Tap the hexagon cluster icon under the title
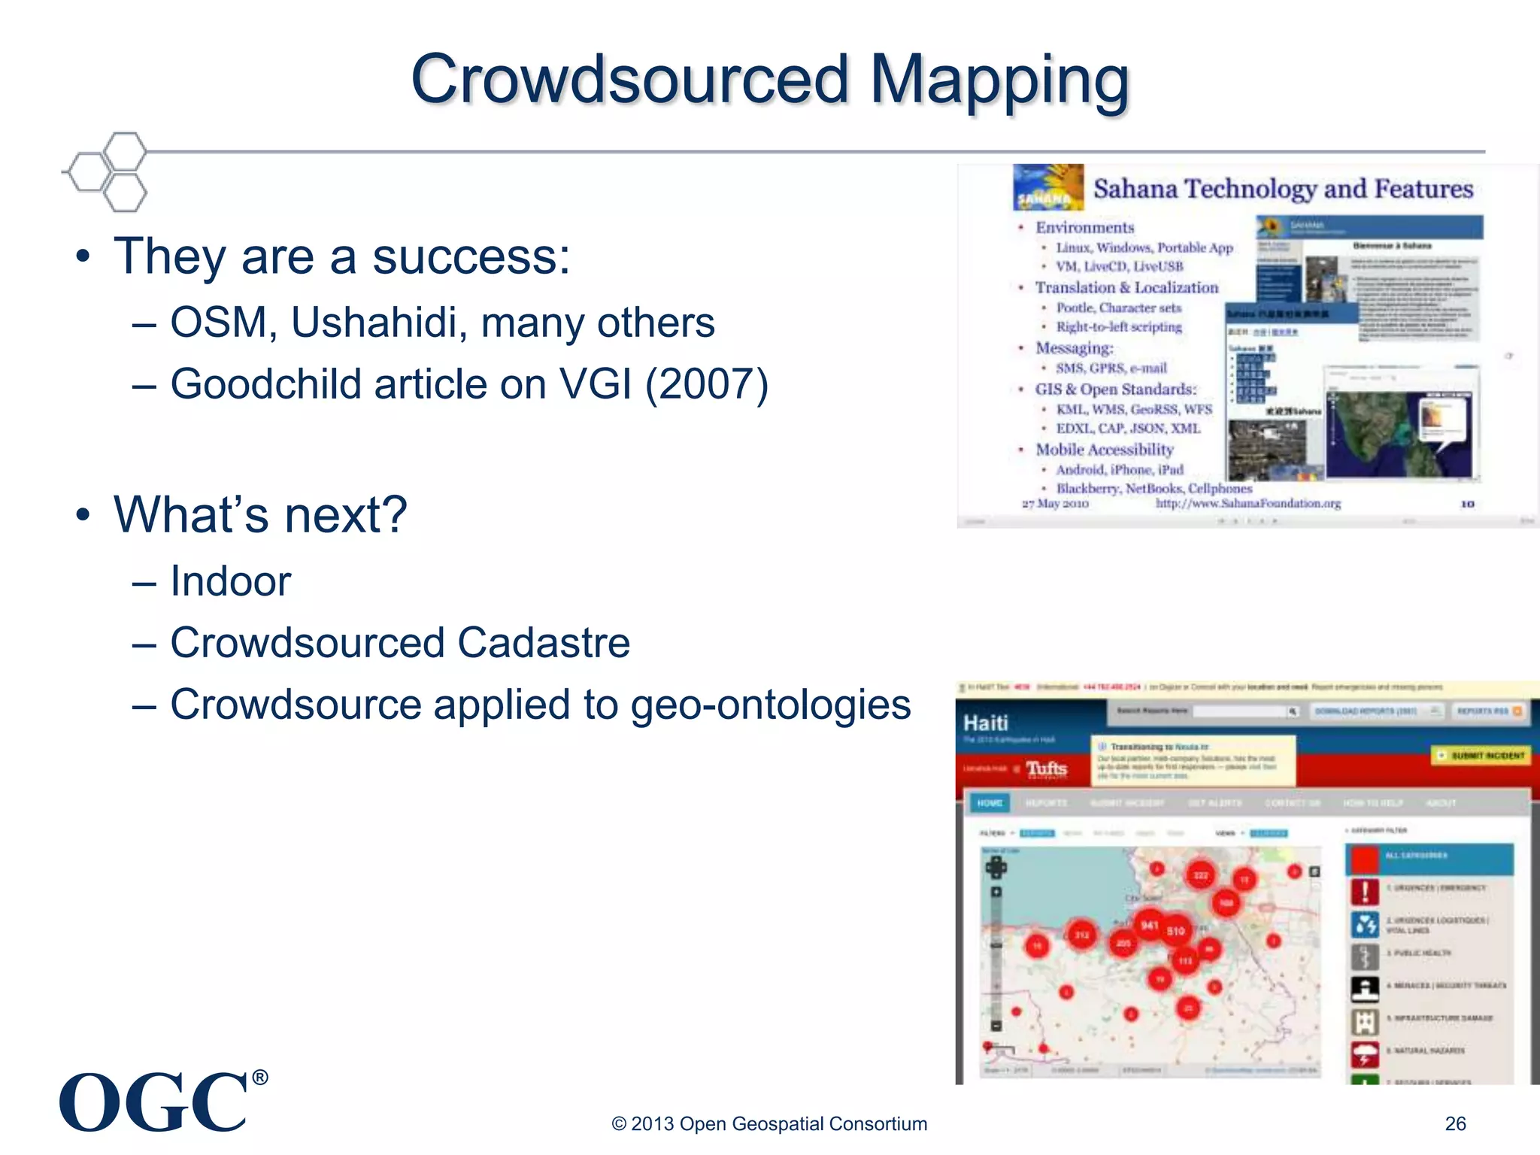(107, 171)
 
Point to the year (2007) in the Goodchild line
(707, 384)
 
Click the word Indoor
(230, 581)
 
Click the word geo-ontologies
(771, 705)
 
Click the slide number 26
(1455, 1123)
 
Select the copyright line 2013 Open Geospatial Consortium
(769, 1123)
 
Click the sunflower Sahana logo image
(1047, 187)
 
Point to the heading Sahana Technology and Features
(1283, 188)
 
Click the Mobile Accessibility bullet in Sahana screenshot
(1104, 450)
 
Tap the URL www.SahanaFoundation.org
(1248, 503)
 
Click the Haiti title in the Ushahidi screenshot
(986, 723)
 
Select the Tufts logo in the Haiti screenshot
(1047, 768)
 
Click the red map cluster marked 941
(1150, 925)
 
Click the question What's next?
(260, 515)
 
